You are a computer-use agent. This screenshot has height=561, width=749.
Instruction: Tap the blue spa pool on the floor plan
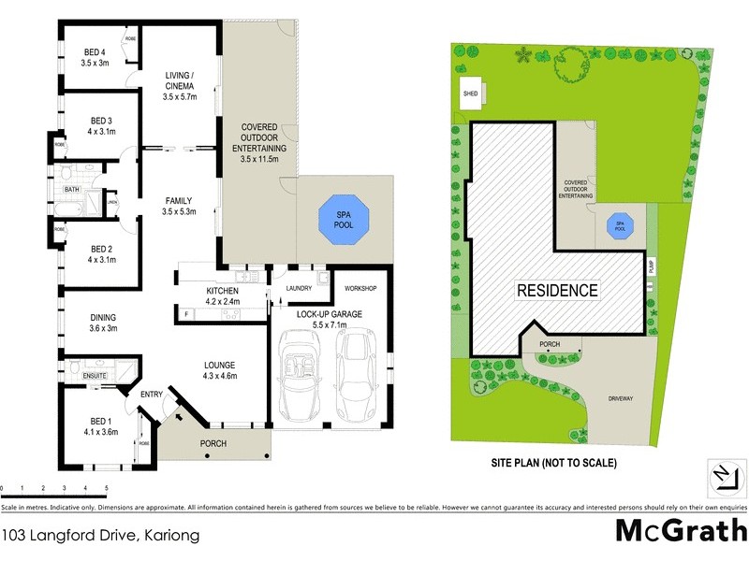click(345, 220)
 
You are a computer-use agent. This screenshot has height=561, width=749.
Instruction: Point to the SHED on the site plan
click(470, 93)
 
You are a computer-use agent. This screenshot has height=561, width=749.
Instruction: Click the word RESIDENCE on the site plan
click(557, 290)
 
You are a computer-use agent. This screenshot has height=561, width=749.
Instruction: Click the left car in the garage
click(301, 384)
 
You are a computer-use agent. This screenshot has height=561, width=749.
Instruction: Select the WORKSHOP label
click(360, 289)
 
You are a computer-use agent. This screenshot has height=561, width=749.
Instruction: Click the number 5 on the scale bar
click(106, 488)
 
